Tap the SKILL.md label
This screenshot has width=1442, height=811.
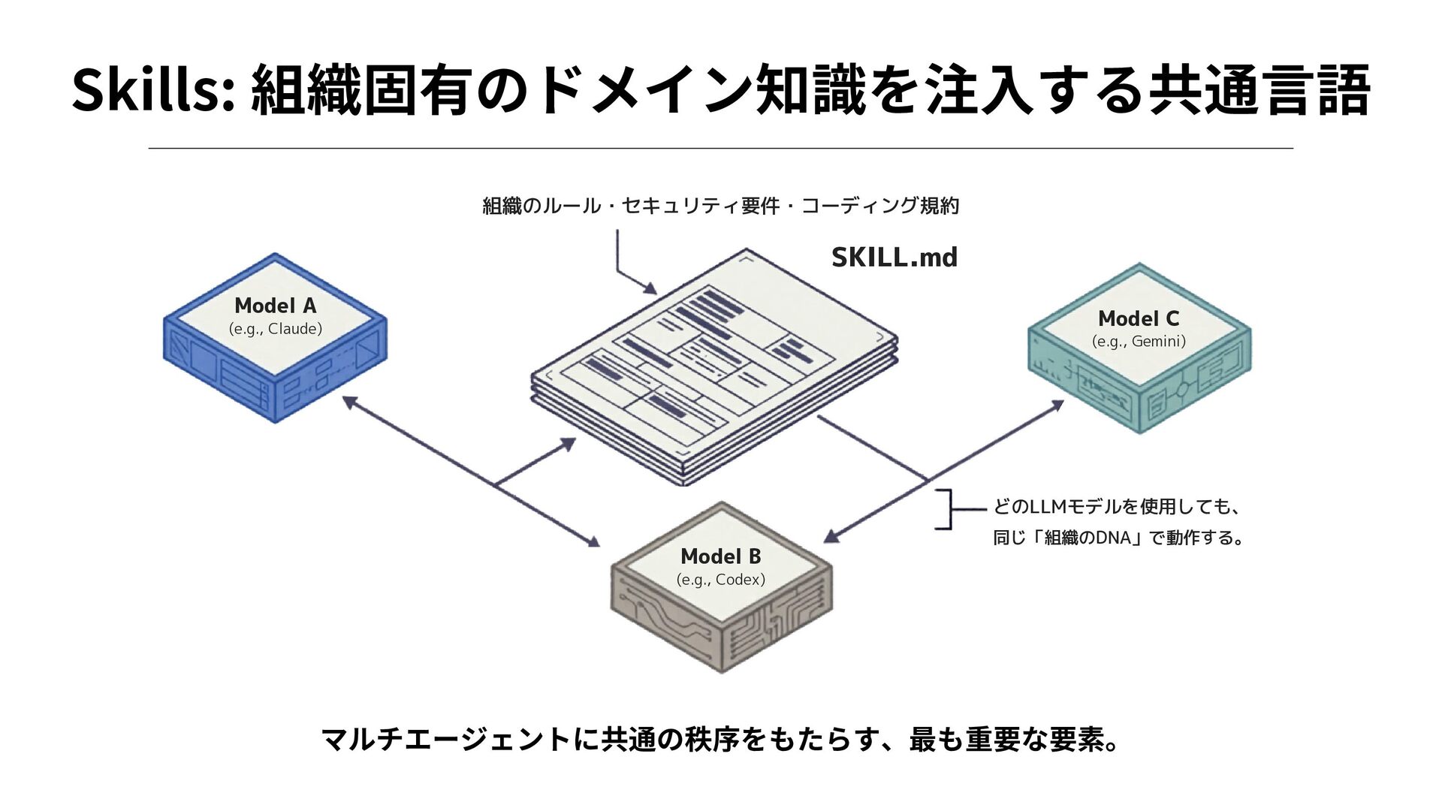click(x=894, y=258)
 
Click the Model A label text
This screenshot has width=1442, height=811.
click(x=275, y=306)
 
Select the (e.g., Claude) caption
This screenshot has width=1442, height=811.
click(x=275, y=329)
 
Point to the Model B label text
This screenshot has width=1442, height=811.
click(x=720, y=556)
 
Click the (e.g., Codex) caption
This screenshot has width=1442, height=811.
click(x=720, y=580)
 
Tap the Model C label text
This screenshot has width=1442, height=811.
click(x=1138, y=318)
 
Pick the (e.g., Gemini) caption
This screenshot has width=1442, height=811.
click(x=1138, y=342)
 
